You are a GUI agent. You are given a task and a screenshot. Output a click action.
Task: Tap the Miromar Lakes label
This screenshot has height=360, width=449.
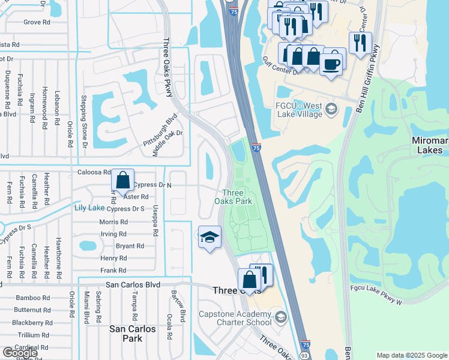pyautogui.click(x=430, y=146)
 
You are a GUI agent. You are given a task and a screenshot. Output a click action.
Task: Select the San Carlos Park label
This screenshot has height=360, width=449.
pyautogui.click(x=133, y=334)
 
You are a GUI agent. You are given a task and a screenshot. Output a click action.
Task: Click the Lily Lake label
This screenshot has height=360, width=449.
pyautogui.click(x=89, y=208)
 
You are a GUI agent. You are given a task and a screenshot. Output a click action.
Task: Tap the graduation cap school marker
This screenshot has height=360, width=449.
pyautogui.click(x=209, y=238)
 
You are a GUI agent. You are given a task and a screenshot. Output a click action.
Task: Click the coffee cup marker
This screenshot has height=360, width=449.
pyautogui.click(x=331, y=63)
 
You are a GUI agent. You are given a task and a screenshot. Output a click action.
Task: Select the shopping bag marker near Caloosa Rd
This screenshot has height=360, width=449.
pyautogui.click(x=122, y=179)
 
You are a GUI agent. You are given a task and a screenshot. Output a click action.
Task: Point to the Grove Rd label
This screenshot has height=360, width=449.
pyautogui.click(x=37, y=22)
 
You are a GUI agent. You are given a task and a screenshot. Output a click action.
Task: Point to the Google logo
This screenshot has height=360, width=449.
pyautogui.click(x=20, y=353)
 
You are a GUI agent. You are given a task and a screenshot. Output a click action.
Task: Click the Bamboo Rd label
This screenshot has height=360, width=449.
pyautogui.click(x=33, y=298)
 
